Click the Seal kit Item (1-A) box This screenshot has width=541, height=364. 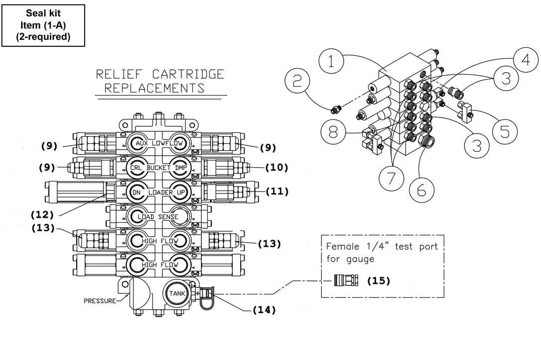(x=43, y=25)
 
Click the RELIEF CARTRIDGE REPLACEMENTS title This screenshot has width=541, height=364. (x=160, y=81)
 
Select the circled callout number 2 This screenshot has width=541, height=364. (x=297, y=81)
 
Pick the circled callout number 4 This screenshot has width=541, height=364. (x=526, y=60)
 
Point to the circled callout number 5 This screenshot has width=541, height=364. (x=505, y=132)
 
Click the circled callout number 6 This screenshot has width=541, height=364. (x=421, y=190)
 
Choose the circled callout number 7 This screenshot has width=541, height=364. (x=391, y=179)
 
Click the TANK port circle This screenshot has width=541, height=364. (x=177, y=293)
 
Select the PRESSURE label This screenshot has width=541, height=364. (x=100, y=301)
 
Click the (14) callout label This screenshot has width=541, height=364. (x=265, y=310)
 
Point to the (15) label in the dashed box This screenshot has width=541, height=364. (x=379, y=280)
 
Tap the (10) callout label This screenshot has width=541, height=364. (x=276, y=168)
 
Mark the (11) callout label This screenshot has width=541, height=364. (x=277, y=191)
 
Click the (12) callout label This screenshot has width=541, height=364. (x=42, y=215)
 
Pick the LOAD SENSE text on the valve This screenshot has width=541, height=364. (x=158, y=217)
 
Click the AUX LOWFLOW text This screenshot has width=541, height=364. (x=159, y=143)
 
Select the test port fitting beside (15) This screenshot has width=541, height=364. (x=346, y=280)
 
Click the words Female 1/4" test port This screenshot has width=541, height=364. (x=382, y=247)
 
